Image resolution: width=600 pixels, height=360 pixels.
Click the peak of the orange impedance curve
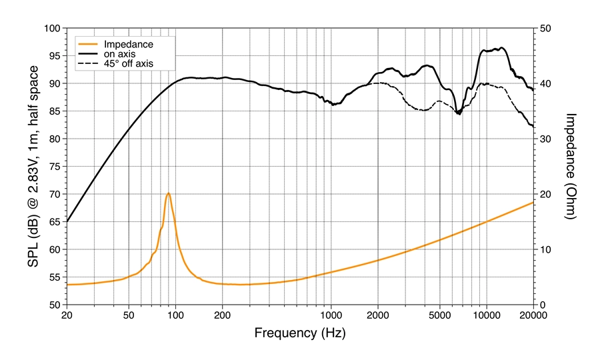tap(169, 193)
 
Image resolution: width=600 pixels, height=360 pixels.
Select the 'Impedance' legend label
tap(134, 45)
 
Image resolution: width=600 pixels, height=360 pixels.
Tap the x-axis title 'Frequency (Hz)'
tap(299, 331)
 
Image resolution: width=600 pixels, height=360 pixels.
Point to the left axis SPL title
tap(31, 166)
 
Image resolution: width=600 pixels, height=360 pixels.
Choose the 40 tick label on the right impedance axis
tap(545, 84)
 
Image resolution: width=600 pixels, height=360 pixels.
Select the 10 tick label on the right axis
tap(545, 249)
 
